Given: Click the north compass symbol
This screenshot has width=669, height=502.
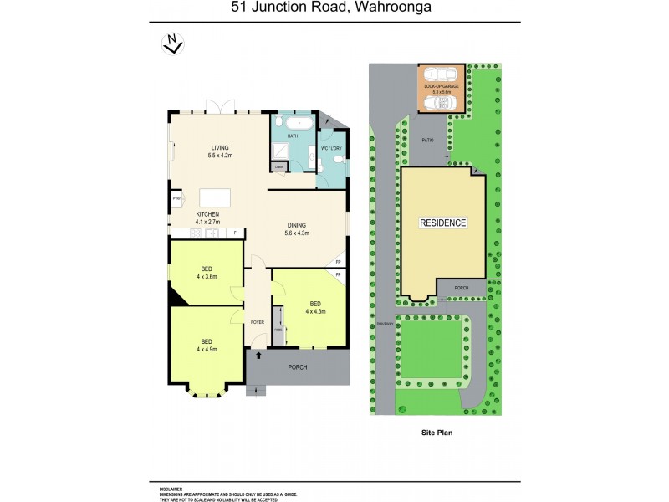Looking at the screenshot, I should [x=173, y=44].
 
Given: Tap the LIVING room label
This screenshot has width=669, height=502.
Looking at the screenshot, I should [x=220, y=147].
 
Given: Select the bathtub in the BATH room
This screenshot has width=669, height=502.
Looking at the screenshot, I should [x=293, y=124].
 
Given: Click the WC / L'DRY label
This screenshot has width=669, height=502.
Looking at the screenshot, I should [x=332, y=148].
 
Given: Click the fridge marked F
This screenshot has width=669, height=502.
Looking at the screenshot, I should [x=235, y=232].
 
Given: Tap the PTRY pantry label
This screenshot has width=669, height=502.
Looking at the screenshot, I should [x=176, y=198].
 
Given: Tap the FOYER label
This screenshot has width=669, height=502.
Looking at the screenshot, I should [x=258, y=321].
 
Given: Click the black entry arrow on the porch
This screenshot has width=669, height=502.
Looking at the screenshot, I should [x=258, y=357].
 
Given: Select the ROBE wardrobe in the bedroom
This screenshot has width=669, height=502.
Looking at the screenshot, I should [x=278, y=329].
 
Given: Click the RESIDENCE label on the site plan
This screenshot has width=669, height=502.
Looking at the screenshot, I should [x=443, y=223].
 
